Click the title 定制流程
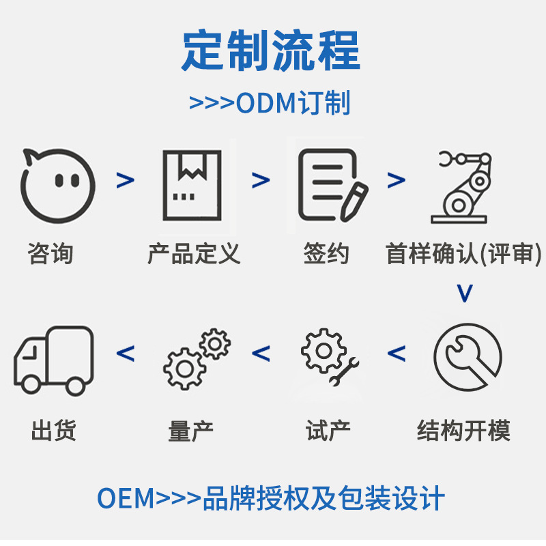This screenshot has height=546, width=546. [271, 52]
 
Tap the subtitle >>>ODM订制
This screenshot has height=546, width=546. [270, 103]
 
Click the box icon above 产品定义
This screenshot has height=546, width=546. [192, 183]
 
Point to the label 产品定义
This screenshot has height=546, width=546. [194, 254]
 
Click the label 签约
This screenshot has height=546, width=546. [326, 254]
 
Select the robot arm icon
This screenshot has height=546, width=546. [461, 186]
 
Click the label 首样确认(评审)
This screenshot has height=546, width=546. [463, 254]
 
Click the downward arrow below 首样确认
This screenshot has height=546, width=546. [464, 293]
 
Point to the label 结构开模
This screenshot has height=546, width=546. [463, 431]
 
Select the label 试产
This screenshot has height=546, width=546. [328, 431]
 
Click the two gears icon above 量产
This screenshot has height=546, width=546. [197, 358]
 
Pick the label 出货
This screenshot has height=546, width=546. [53, 431]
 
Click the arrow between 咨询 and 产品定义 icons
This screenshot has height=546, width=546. [125, 180]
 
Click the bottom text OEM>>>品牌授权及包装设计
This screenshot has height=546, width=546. [271, 499]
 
